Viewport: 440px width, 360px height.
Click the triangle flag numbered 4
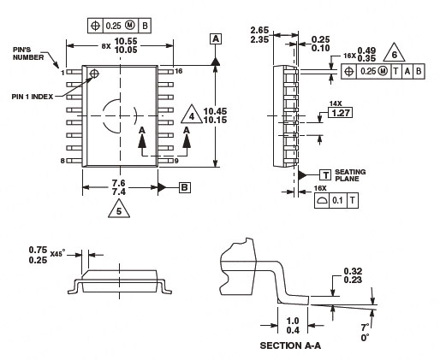pyautogui.click(x=192, y=115)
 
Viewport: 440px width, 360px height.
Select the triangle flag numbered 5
pyautogui.click(x=119, y=210)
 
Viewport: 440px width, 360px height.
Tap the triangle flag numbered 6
pyautogui.click(x=394, y=53)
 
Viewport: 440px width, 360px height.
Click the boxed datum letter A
pyautogui.click(x=216, y=38)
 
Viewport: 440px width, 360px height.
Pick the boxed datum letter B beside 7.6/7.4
pyautogui.click(x=185, y=187)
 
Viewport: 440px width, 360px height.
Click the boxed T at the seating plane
pyautogui.click(x=325, y=174)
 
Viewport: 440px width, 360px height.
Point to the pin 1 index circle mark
pyautogui.click(x=94, y=74)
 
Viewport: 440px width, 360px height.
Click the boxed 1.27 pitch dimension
pyautogui.click(x=341, y=113)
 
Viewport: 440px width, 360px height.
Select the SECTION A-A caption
pyautogui.click(x=290, y=345)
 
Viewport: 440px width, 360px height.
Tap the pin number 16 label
pyautogui.click(x=178, y=71)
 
